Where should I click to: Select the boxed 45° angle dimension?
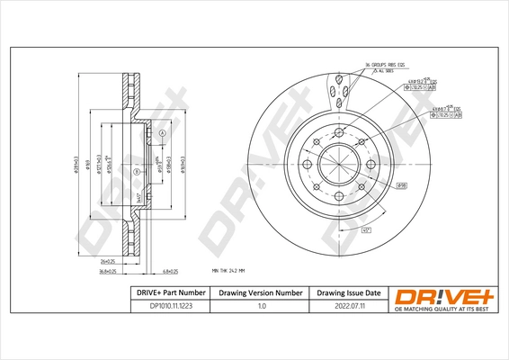366,229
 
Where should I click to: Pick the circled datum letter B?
136,171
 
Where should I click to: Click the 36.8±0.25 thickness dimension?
110,270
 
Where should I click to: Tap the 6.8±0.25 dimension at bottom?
171,270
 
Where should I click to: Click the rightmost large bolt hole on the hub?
371,166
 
